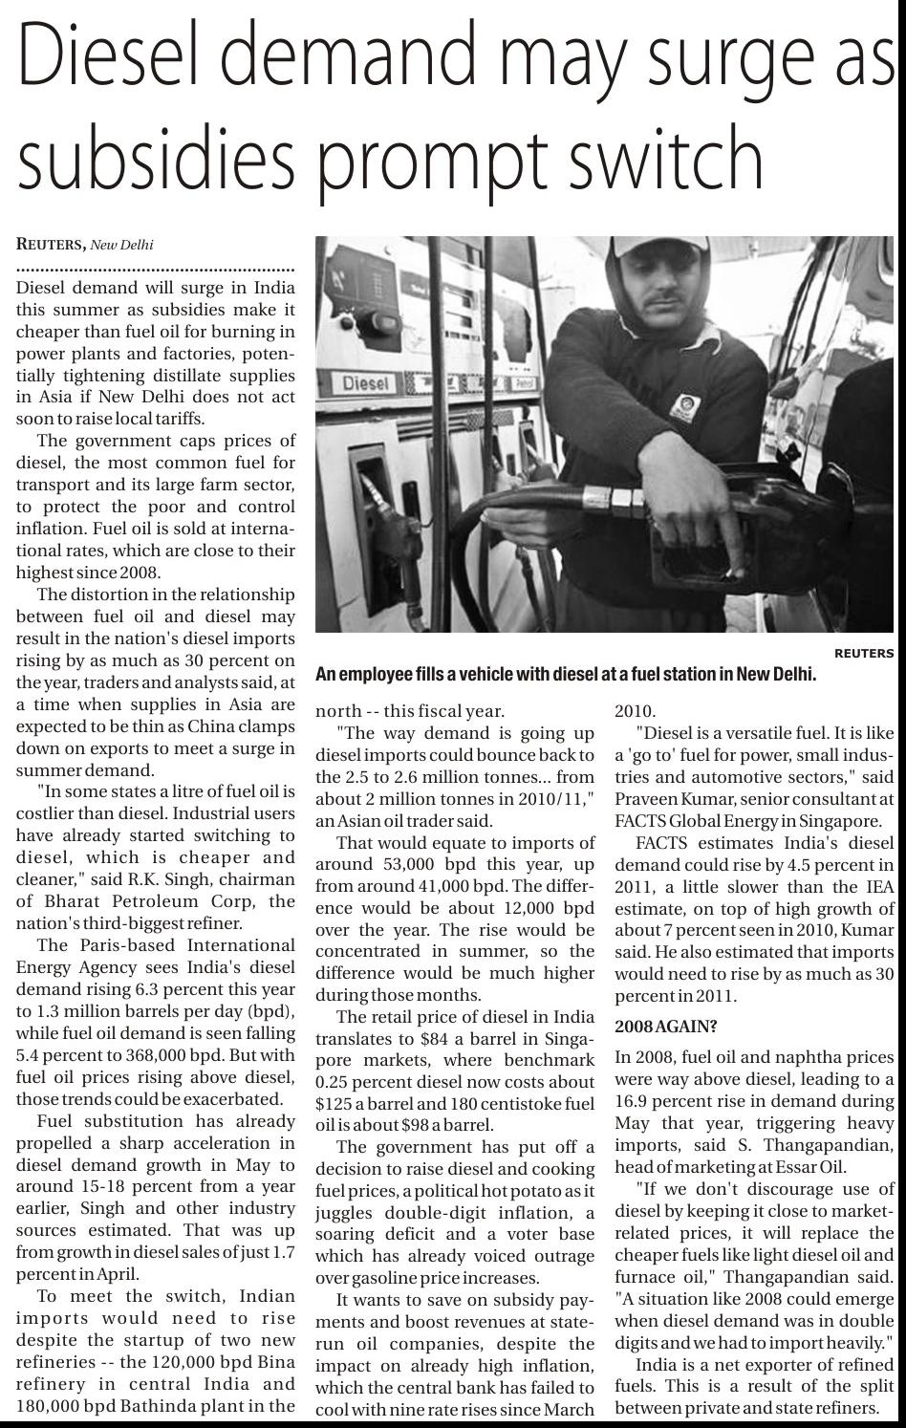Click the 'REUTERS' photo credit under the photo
(x=864, y=654)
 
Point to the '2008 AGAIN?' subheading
(x=665, y=1027)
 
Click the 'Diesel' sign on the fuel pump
(x=368, y=383)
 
